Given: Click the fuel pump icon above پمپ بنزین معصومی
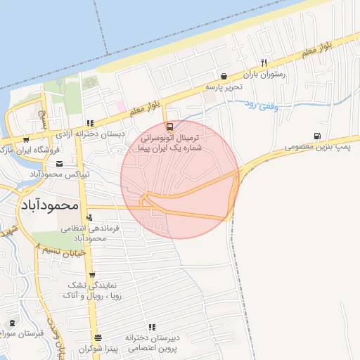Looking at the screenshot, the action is [317, 136].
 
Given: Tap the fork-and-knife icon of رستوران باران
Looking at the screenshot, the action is [264, 62].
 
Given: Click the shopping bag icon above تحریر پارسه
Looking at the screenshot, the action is [224, 76].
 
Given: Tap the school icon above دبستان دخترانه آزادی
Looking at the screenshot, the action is [89, 123].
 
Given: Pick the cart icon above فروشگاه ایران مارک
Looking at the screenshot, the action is [26, 139].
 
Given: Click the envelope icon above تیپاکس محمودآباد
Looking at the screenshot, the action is [58, 164].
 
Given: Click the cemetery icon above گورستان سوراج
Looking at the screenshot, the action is [12, 323].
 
